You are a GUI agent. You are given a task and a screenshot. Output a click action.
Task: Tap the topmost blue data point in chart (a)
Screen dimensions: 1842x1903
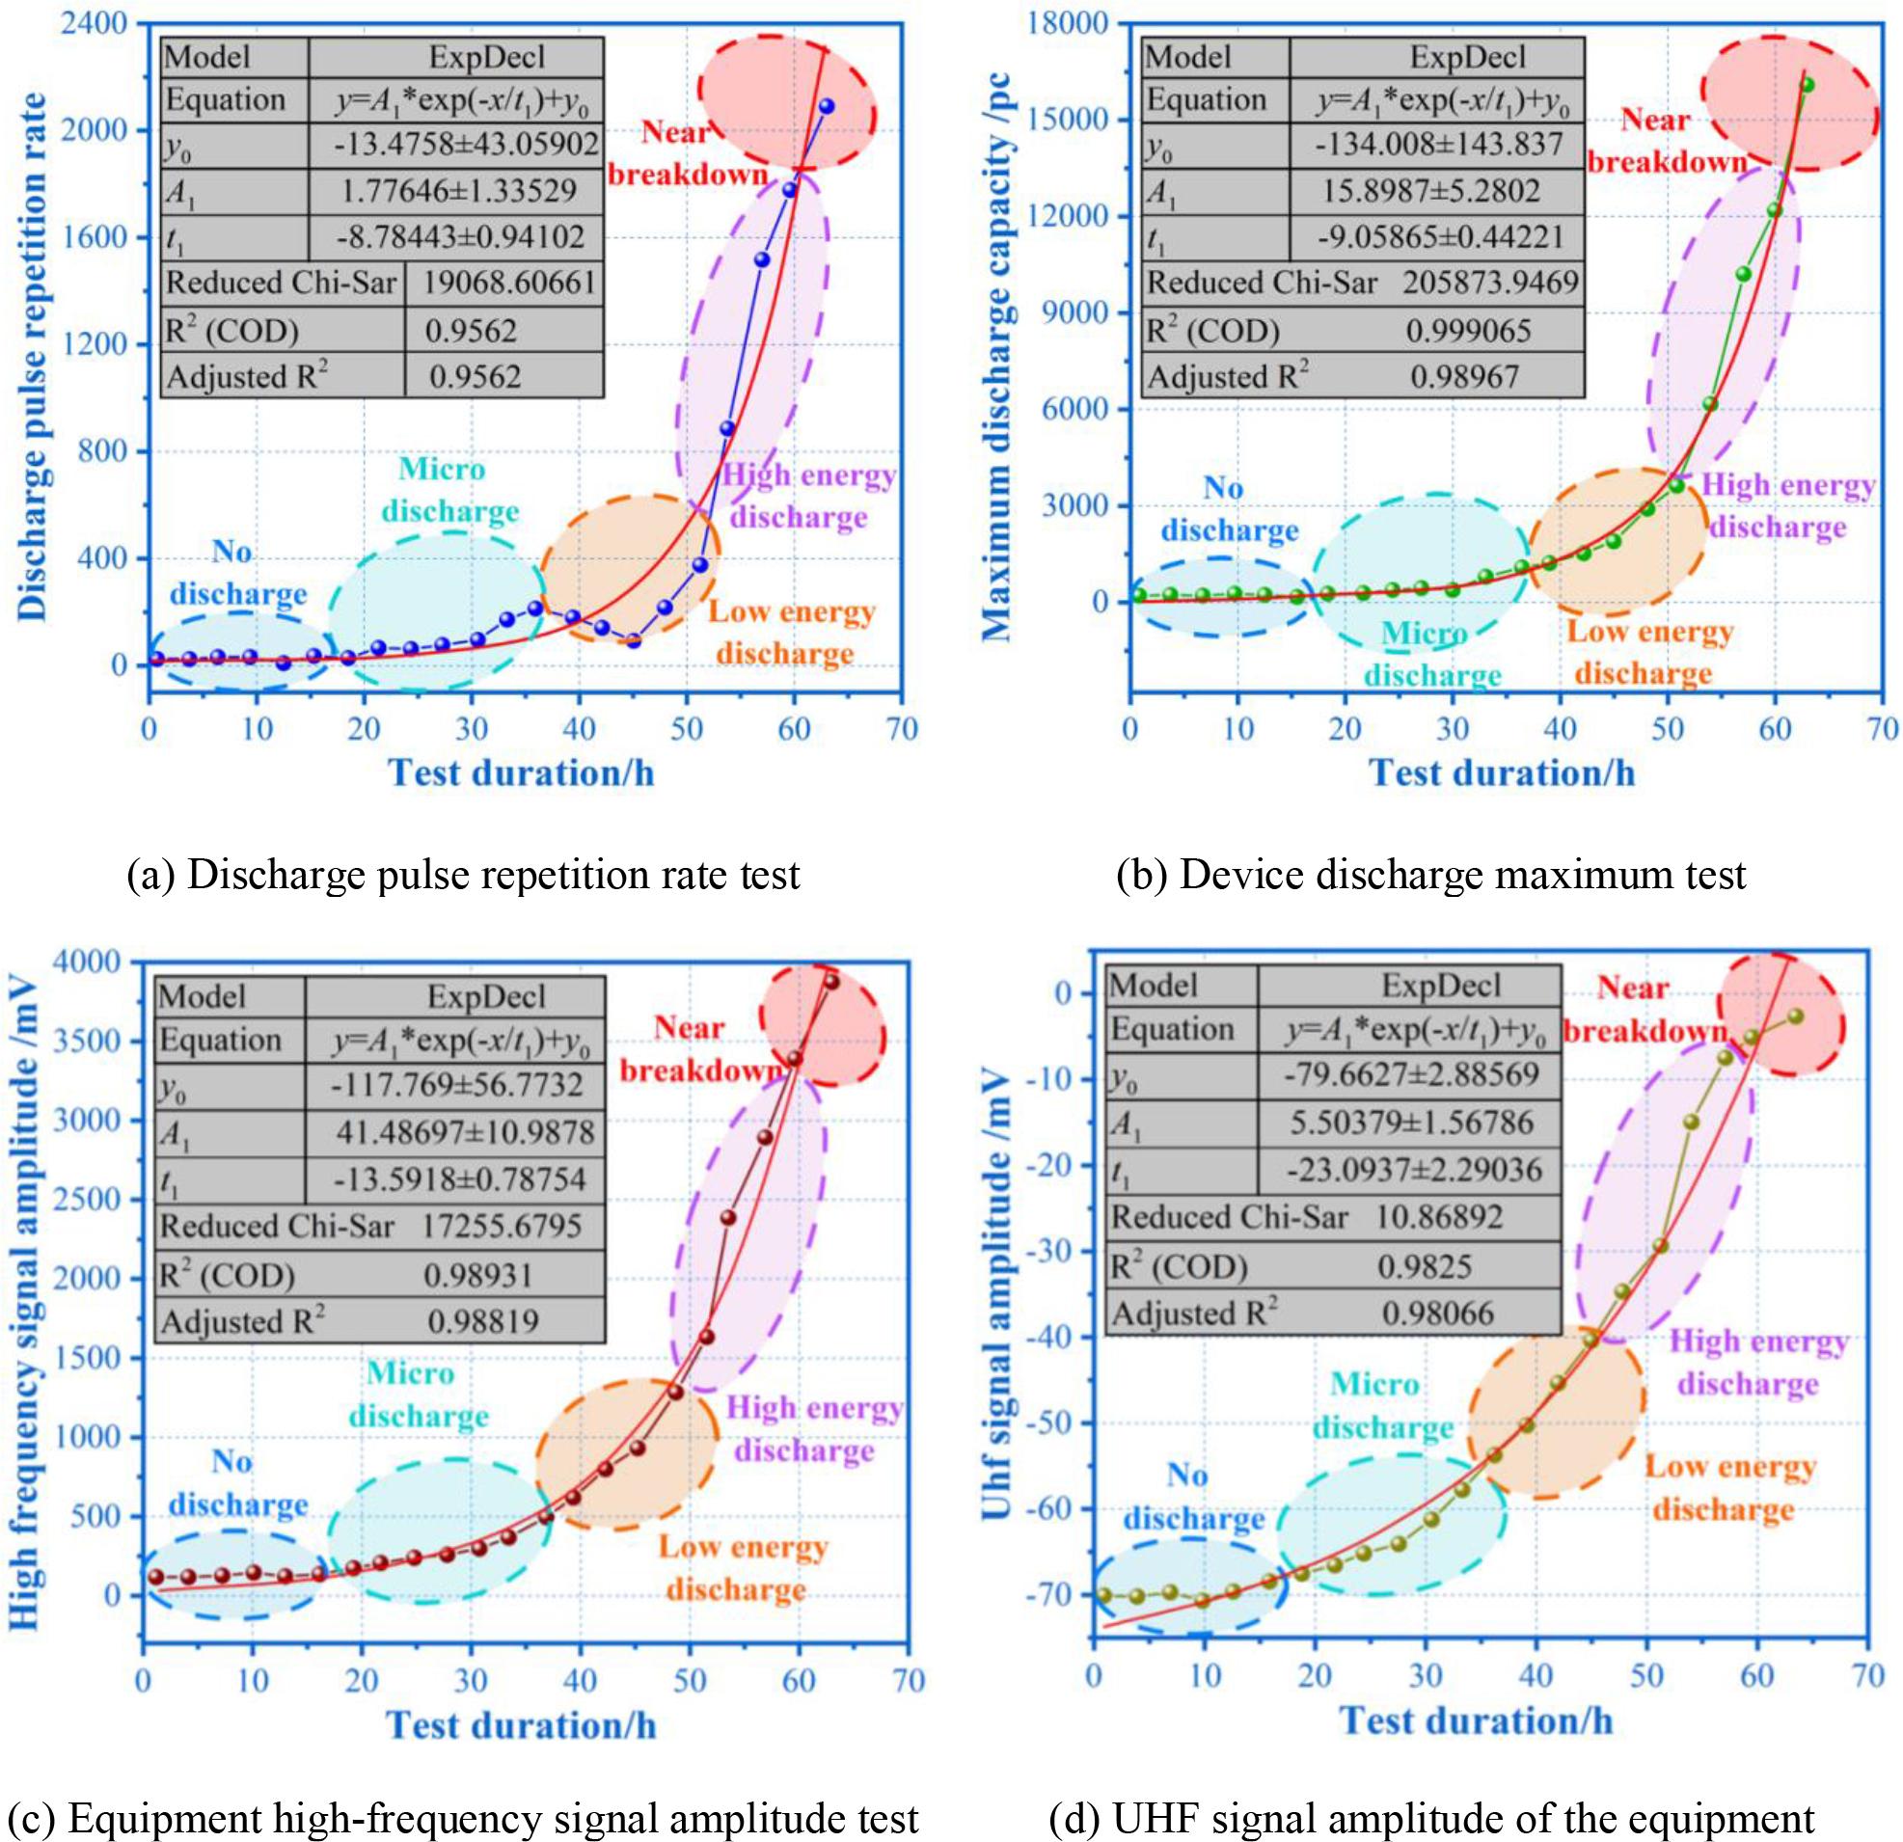pyautogui.click(x=827, y=106)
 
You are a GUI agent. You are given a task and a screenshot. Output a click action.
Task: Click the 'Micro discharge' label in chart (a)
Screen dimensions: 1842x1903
pyautogui.click(x=449, y=490)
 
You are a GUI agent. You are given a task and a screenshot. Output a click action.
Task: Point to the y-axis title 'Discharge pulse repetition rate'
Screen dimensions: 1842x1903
pyautogui.click(x=33, y=357)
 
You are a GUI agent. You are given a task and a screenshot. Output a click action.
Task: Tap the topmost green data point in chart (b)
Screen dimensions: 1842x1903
pyautogui.click(x=1807, y=85)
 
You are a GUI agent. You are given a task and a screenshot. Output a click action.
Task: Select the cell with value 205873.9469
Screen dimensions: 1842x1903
pyautogui.click(x=1490, y=283)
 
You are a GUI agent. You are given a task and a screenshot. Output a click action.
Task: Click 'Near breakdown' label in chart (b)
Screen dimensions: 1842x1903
pyautogui.click(x=1666, y=141)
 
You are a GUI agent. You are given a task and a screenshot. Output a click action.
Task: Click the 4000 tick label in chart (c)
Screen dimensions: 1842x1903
pyautogui.click(x=101, y=962)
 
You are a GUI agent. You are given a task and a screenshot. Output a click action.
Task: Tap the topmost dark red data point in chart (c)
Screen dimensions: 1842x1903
pyautogui.click(x=832, y=982)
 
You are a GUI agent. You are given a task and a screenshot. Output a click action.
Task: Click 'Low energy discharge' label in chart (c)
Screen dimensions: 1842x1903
pyautogui.click(x=744, y=1568)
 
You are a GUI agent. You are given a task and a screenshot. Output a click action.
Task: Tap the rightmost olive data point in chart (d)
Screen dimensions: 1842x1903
pyautogui.click(x=1795, y=1016)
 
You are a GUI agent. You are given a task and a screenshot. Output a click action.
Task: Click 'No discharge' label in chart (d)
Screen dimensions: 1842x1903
pyautogui.click(x=1194, y=1497)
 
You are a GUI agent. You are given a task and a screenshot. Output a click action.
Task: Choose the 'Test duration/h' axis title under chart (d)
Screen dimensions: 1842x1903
pyautogui.click(x=1476, y=1720)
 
